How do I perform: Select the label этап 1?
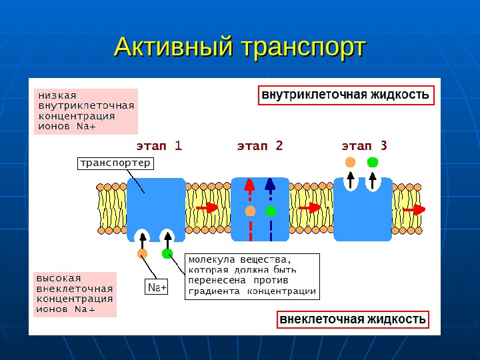(159, 145)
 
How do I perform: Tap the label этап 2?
(261, 145)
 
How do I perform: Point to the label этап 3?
(364, 145)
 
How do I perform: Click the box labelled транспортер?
(115, 163)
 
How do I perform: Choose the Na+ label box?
(157, 288)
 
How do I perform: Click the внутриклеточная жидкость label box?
(345, 95)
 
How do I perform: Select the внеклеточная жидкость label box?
(353, 319)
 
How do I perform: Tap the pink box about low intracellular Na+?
(86, 111)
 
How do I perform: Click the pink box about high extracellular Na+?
(75, 293)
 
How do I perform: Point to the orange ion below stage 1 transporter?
(142, 254)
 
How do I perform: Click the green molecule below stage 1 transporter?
(167, 253)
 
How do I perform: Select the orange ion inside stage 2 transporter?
(250, 211)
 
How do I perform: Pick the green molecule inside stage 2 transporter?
(271, 211)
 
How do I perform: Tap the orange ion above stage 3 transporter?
(351, 162)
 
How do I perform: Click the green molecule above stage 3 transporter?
(372, 162)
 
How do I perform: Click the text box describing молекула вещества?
(251, 275)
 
